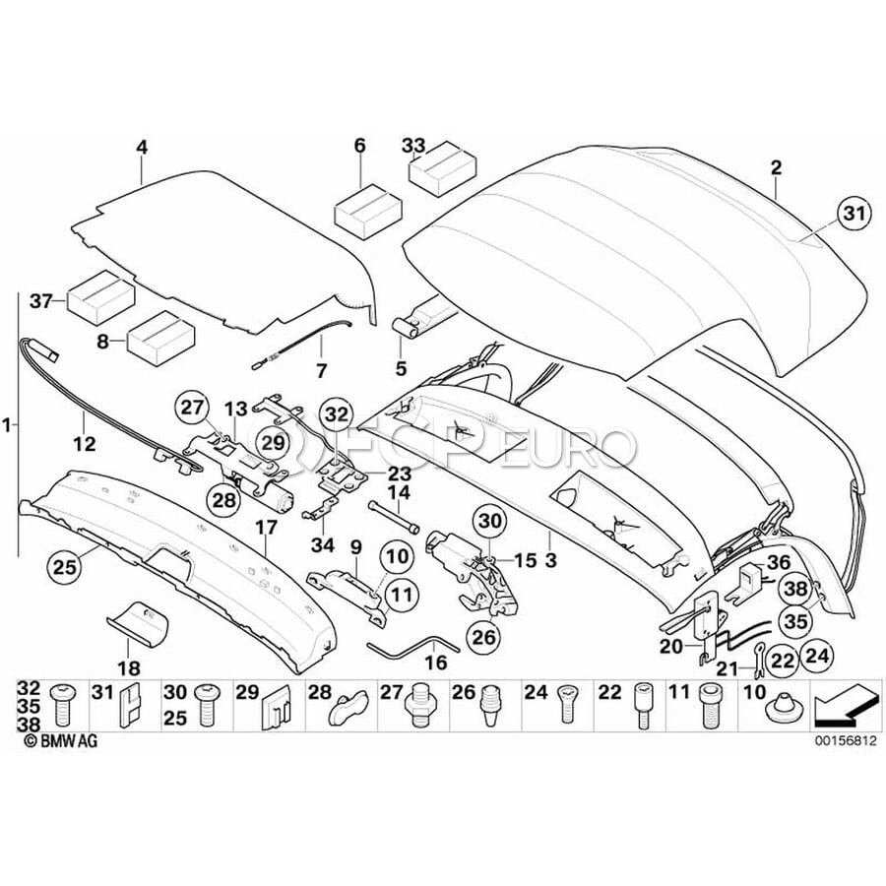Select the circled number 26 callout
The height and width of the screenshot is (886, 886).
tap(483, 637)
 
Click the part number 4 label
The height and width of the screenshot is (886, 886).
tap(142, 148)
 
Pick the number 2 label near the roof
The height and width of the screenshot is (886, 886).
tap(776, 168)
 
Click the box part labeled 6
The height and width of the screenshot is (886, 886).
tap(369, 210)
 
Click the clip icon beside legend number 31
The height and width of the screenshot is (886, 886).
tap(127, 705)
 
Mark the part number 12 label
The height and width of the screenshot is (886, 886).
tap(84, 444)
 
